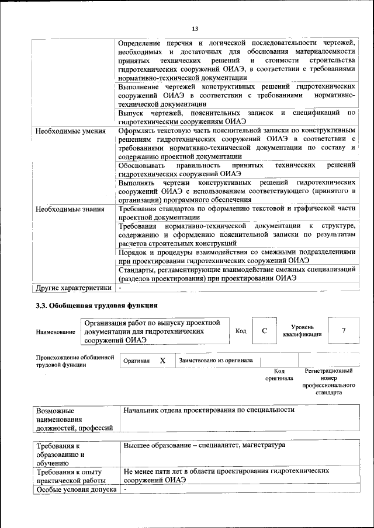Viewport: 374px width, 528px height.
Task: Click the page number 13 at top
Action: pyautogui.click(x=195, y=29)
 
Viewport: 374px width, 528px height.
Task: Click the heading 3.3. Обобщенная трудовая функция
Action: pyautogui.click(x=96, y=305)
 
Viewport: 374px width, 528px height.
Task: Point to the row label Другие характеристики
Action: pyautogui.click(x=73, y=288)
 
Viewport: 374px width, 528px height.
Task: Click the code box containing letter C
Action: pyautogui.click(x=264, y=331)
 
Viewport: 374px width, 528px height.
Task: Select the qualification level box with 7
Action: pyautogui.click(x=344, y=331)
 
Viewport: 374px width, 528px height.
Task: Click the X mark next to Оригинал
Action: pyautogui.click(x=162, y=361)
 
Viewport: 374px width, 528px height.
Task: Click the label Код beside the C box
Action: pyautogui.click(x=240, y=331)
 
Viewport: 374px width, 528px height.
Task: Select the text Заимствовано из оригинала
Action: pyautogui.click(x=216, y=361)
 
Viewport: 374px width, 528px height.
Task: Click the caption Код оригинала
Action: pyautogui.click(x=279, y=374)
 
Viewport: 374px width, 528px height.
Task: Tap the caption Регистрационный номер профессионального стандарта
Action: pyautogui.click(x=328, y=382)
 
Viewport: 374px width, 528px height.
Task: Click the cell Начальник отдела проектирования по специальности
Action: pyautogui.click(x=208, y=410)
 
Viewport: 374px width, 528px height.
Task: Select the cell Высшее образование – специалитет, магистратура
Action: pyautogui.click(x=204, y=445)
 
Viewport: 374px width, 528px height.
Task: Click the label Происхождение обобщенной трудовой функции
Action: pyautogui.click(x=74, y=361)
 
